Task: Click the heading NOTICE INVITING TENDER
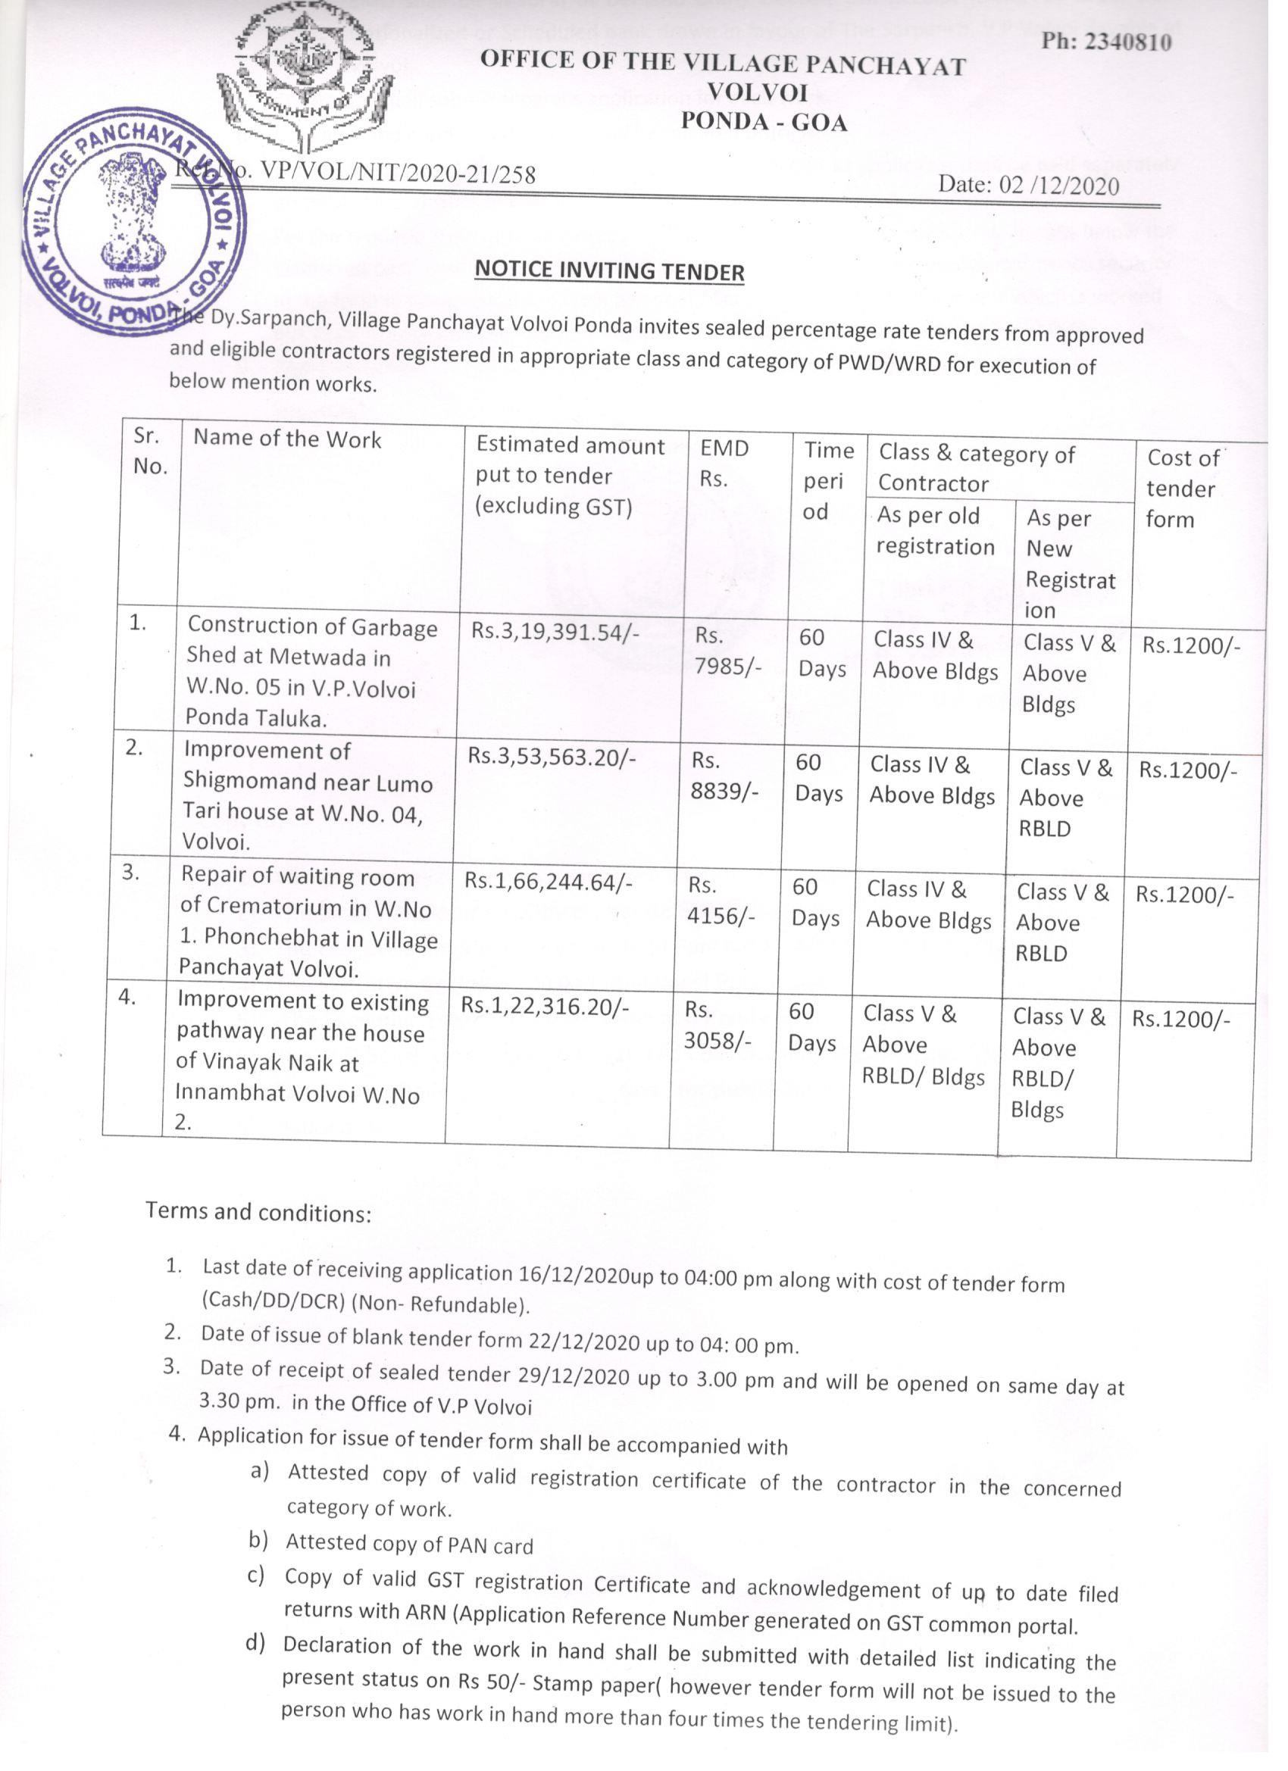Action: pos(609,271)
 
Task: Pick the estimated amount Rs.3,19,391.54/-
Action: pos(555,632)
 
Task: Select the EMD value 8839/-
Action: pos(725,791)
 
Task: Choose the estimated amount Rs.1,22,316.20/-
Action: pos(545,1006)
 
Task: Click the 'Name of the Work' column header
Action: pos(287,439)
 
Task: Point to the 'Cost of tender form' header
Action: pos(1180,488)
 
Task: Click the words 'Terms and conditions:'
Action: pos(258,1212)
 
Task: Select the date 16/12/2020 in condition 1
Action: pos(574,1275)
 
